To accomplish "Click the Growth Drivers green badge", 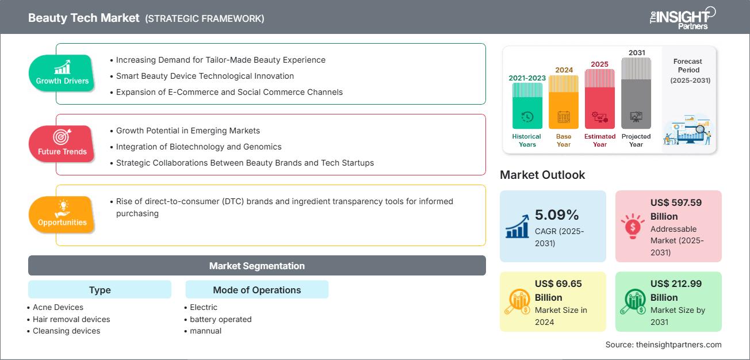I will point(62,73).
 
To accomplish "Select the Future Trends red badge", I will point(61,144).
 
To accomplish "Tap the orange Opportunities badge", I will point(62,215).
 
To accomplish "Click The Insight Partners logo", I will point(683,17).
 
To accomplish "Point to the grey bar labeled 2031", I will point(636,95).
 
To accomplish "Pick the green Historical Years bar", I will point(527,106).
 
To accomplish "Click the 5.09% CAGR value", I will point(557,215).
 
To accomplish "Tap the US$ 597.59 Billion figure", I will point(676,209).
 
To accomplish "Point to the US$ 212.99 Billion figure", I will point(676,290).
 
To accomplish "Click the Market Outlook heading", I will point(542,175).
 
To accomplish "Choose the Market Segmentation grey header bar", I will point(257,266).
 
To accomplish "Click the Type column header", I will point(100,290).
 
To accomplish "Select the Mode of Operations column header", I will point(257,290).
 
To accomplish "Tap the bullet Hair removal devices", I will point(71,319).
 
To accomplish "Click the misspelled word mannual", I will point(205,331).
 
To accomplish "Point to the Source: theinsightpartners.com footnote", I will point(663,344).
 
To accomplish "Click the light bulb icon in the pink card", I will point(632,227).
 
